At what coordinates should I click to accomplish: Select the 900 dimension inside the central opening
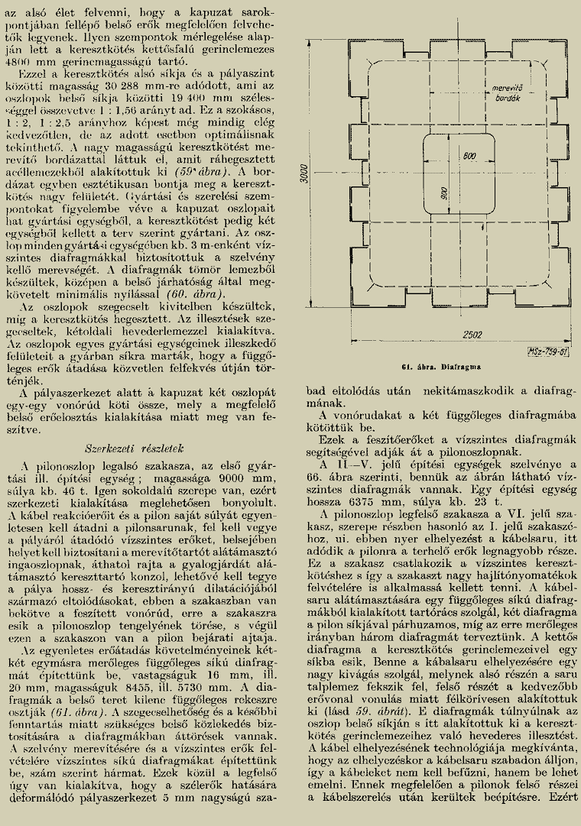[x=443, y=193]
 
